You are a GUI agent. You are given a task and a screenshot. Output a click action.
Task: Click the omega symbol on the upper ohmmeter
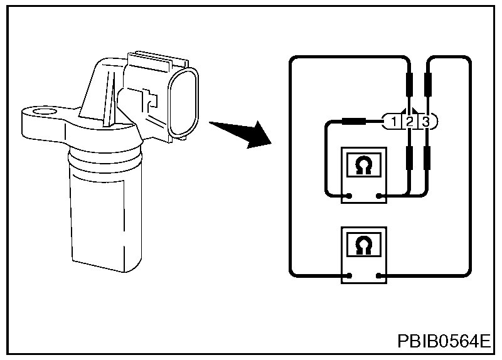tap(363, 166)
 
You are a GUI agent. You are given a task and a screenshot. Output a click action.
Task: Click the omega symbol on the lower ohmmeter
tap(363, 245)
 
